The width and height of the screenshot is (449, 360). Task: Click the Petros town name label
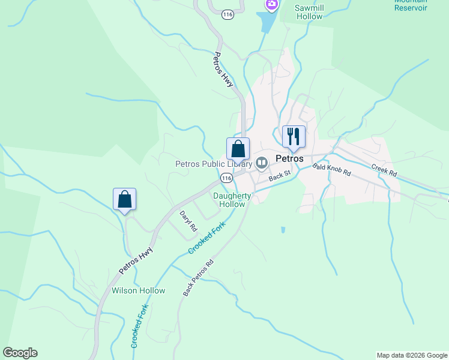(289, 159)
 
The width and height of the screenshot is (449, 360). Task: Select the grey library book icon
(262, 163)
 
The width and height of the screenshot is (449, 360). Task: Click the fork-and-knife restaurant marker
(294, 136)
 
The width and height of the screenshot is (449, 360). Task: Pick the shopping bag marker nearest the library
(238, 148)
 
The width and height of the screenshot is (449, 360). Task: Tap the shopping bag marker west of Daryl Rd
(124, 199)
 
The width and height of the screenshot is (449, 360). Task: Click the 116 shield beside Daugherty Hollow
(226, 178)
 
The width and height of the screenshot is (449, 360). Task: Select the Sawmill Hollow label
(309, 12)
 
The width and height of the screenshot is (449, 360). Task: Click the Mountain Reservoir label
(411, 5)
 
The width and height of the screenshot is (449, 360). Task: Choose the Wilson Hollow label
(138, 290)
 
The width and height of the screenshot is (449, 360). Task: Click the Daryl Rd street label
(188, 221)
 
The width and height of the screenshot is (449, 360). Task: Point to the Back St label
(279, 176)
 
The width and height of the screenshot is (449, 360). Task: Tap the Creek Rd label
(384, 170)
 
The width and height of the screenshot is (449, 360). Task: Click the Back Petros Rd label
(199, 277)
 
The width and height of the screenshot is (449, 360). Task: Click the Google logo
(20, 353)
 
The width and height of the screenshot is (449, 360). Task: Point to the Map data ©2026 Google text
(412, 355)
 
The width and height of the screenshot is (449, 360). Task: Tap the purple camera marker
(272, 5)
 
